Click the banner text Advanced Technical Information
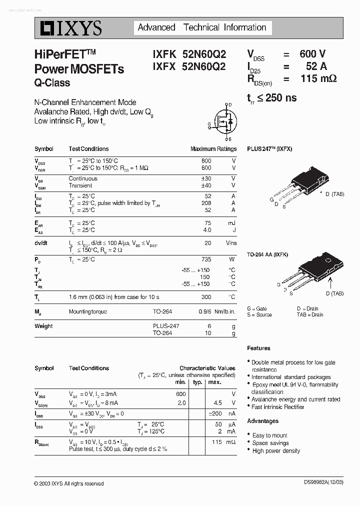pos(201,27)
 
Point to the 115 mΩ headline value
pos(318,78)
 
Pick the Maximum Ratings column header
pos(213,149)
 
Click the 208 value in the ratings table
pos(205,203)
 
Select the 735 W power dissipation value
pos(206,259)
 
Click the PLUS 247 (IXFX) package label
pos(269,149)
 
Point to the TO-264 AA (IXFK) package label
pos(270,254)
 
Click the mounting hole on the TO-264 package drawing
pos(328,261)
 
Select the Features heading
pos(258,348)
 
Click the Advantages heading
pos(262,421)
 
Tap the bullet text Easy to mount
pos(269,435)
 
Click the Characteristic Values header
pos(207,368)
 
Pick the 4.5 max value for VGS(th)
pos(217,403)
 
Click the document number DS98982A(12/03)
pos(330,483)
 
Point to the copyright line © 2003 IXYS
pos(69,483)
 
